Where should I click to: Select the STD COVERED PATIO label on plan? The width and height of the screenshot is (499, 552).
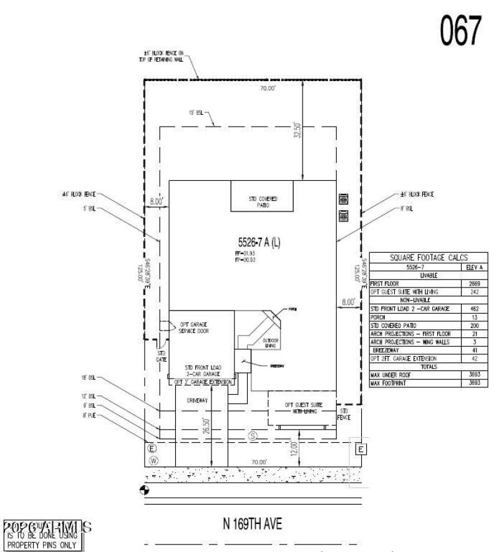point(263,201)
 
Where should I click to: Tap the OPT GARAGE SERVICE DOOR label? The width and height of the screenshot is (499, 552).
point(195,328)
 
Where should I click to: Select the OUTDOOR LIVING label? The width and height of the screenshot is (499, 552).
point(270,342)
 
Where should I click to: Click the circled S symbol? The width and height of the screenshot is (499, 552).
point(253,435)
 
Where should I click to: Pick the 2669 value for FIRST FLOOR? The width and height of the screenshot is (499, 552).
point(474,283)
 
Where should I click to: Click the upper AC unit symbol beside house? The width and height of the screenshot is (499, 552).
point(342,200)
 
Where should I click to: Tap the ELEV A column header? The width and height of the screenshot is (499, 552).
point(473,267)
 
